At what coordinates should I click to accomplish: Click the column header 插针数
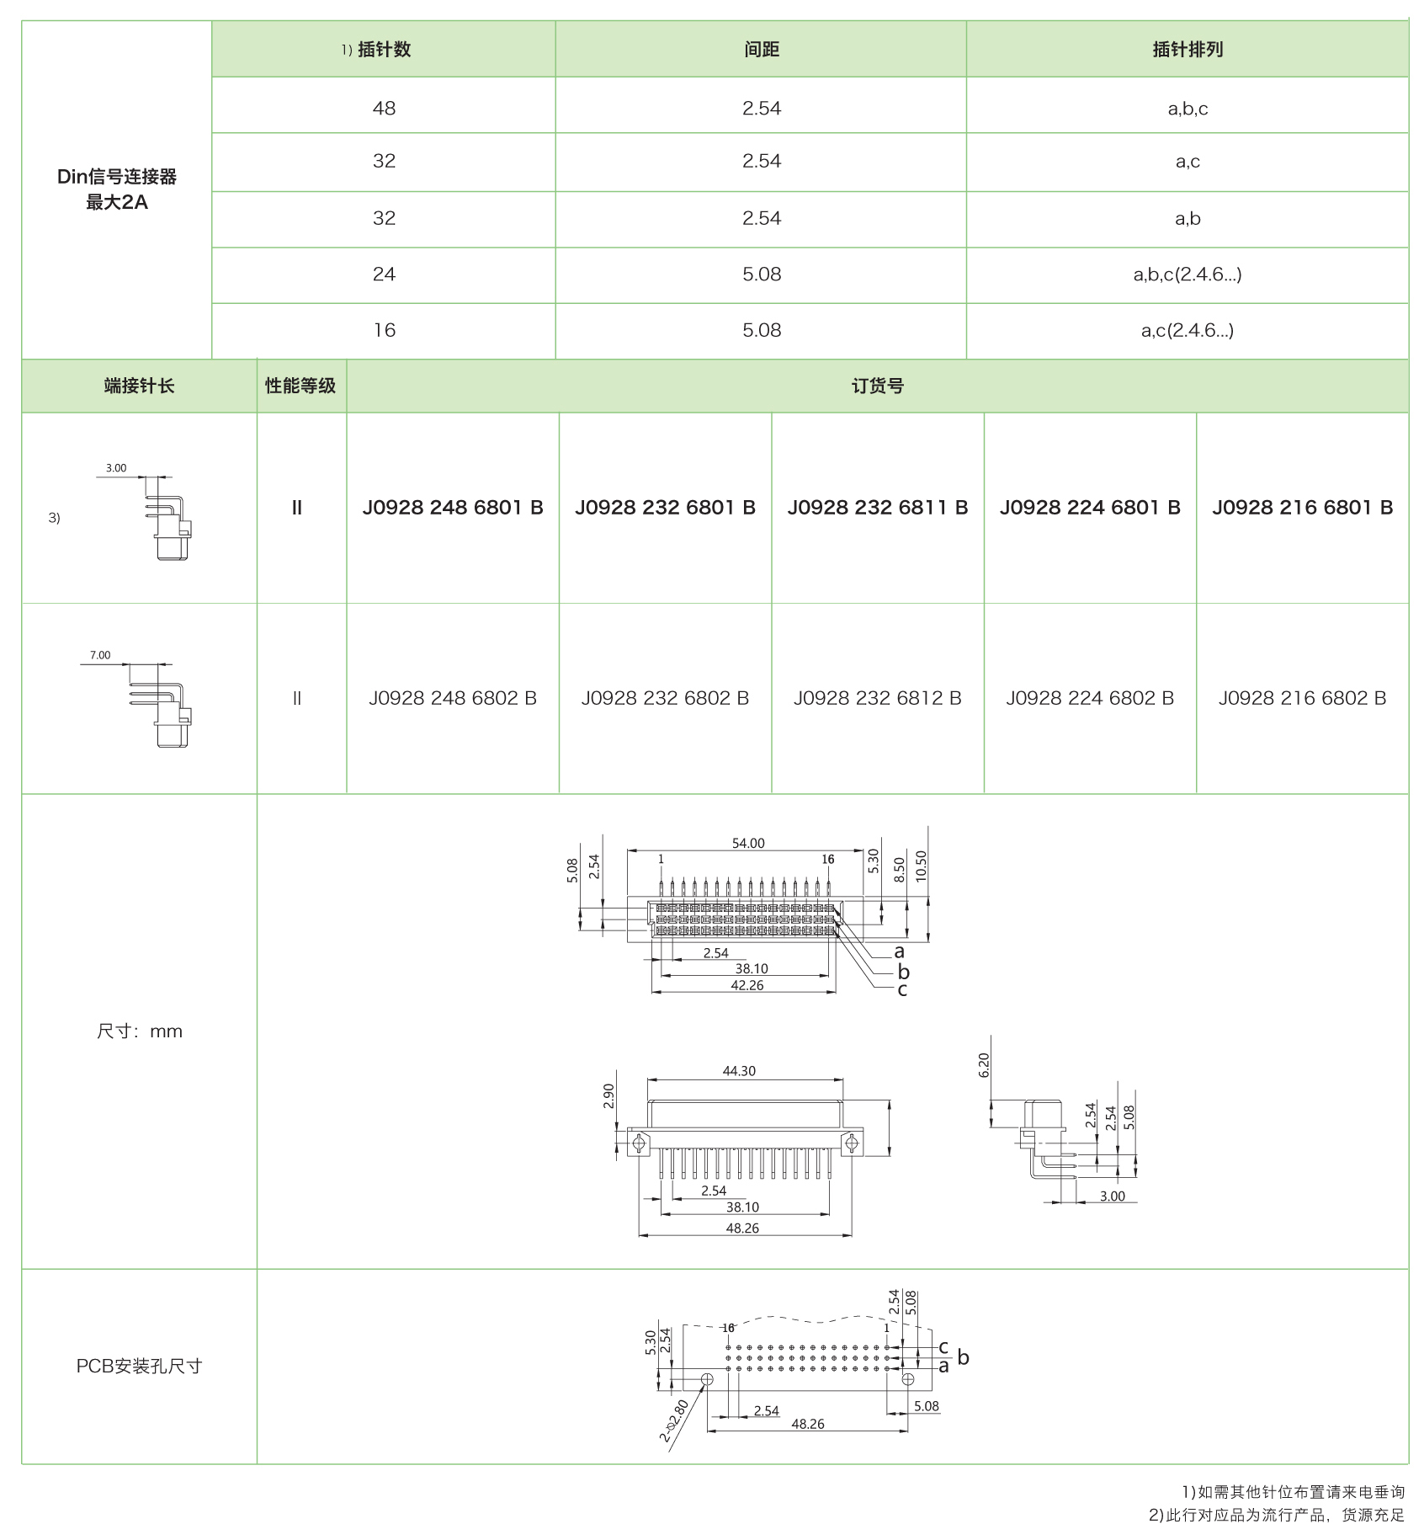384,50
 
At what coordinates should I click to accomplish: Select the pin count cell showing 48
384,109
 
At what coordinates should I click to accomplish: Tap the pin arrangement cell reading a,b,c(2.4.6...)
1187,274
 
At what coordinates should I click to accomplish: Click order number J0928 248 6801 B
453,508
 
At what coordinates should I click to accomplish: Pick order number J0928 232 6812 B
877,698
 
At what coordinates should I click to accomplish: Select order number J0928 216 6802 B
1302,698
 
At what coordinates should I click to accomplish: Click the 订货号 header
877,386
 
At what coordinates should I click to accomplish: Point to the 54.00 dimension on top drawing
748,843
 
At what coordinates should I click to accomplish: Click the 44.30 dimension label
739,1071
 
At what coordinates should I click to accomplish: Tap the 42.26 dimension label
747,985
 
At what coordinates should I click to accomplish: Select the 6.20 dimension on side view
984,1065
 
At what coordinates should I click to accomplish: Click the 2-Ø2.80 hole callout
674,1420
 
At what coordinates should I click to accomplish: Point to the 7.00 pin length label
100,655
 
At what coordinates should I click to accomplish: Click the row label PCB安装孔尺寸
139,1367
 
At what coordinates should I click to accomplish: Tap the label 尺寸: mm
139,1031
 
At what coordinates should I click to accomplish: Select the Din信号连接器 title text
117,177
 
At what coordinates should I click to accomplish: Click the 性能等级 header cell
300,386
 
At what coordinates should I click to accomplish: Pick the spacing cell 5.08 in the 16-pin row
761,331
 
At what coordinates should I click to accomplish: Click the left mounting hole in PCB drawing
707,1379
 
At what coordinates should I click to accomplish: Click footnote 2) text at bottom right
1276,1515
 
